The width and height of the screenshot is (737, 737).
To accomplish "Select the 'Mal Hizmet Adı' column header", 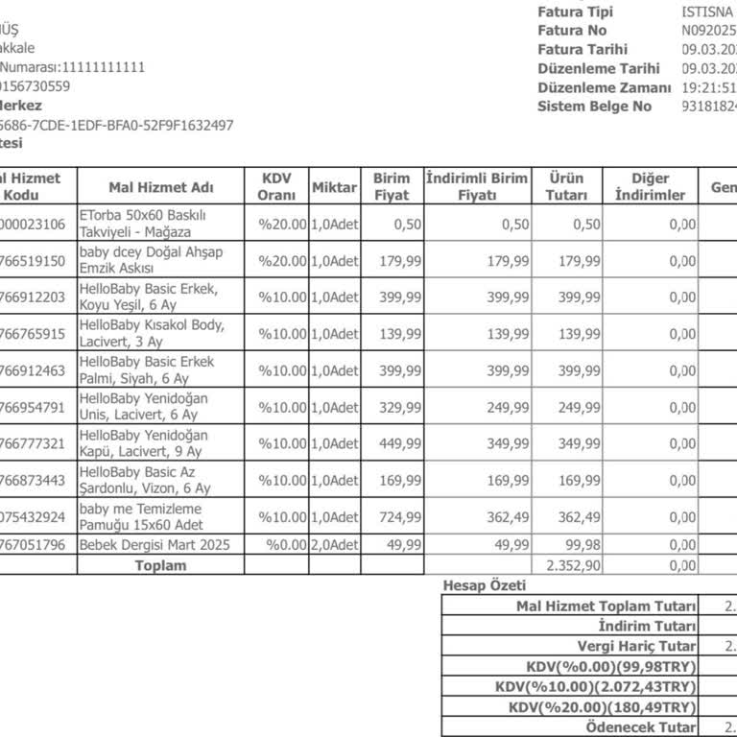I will point(161,187).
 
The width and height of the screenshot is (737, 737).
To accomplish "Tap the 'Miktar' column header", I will point(335,187).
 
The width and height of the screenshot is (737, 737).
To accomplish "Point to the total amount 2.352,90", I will point(573,565).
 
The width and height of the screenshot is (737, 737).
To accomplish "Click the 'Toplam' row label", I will point(160,565).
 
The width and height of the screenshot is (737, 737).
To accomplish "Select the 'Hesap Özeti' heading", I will point(485,585).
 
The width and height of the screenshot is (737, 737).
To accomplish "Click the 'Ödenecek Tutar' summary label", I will point(641,728).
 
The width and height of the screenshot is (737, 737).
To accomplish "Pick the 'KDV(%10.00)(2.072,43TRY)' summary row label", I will point(596,687).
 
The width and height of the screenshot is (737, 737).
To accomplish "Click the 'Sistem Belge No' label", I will point(594,107).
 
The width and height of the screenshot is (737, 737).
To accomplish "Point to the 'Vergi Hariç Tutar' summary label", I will point(637,647).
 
